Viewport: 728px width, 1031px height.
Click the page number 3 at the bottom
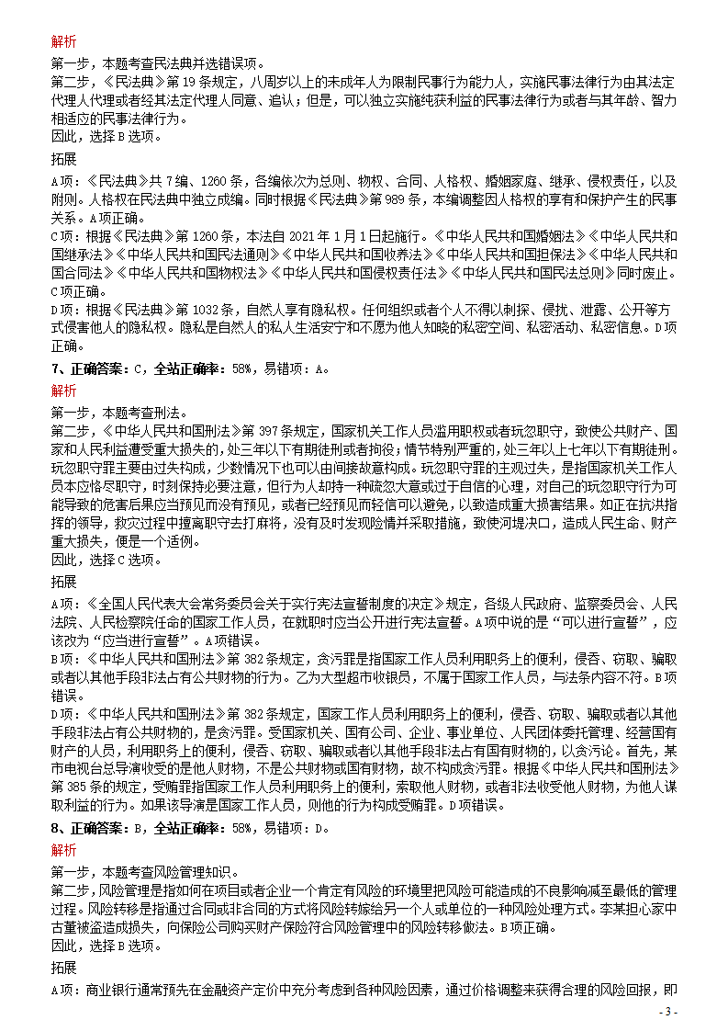click(670, 1011)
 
